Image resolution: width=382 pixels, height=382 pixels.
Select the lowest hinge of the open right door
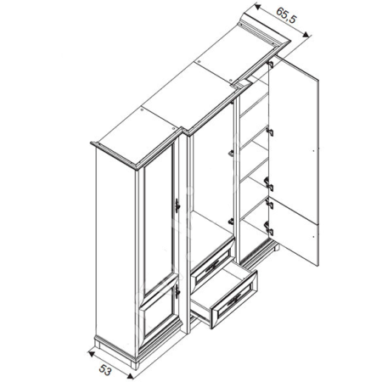tap(267, 227)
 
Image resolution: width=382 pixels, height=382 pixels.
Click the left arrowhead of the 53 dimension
tap(90, 348)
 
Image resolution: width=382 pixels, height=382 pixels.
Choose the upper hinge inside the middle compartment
tap(230, 153)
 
